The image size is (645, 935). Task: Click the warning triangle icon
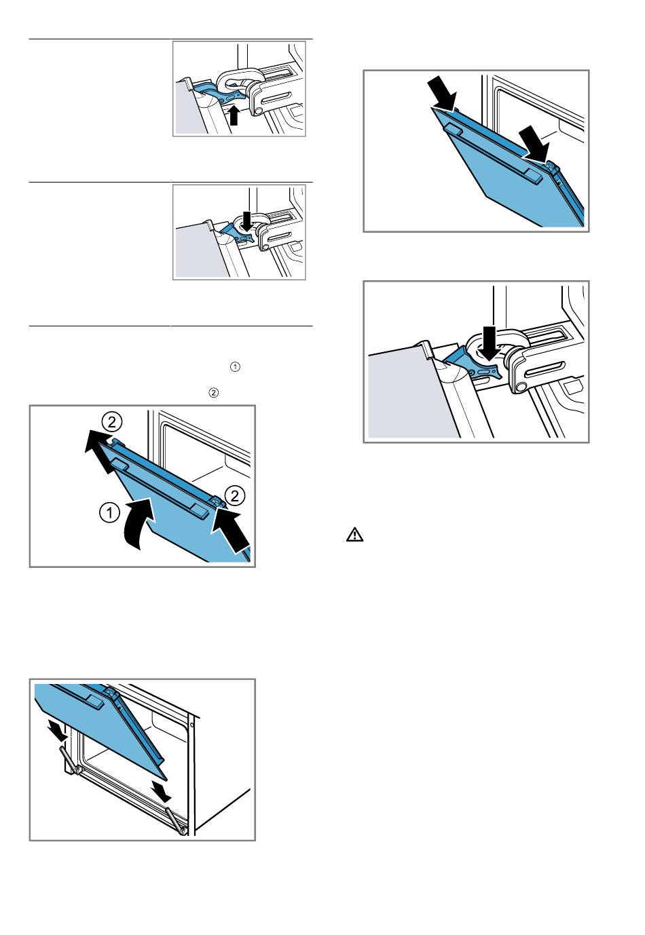(354, 535)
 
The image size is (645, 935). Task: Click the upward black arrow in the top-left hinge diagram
(234, 115)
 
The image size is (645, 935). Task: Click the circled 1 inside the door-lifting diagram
(110, 512)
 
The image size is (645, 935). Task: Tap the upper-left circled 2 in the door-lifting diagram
(111, 423)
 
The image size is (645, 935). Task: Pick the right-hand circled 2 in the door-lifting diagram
(235, 496)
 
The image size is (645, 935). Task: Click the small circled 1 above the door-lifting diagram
(235, 367)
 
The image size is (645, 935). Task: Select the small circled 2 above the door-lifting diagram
(213, 393)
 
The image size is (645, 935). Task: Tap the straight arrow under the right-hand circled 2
(231, 528)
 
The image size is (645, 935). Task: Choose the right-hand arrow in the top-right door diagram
(534, 144)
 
